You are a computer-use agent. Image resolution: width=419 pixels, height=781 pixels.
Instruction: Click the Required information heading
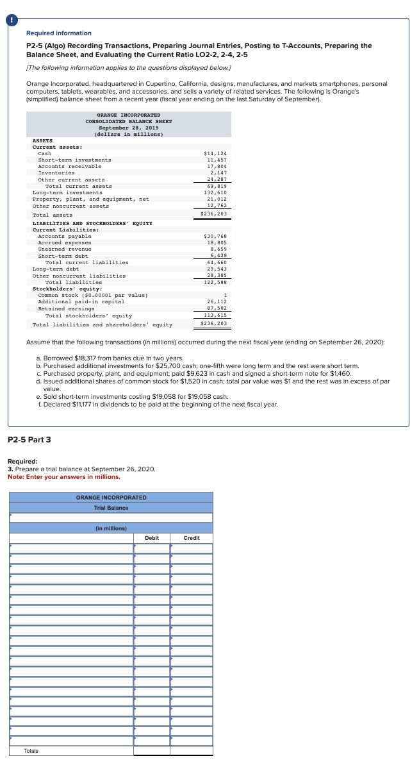(59, 33)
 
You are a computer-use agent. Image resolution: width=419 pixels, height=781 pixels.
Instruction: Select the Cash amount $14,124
(215, 153)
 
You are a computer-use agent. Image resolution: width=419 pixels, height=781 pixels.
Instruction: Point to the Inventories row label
(56, 173)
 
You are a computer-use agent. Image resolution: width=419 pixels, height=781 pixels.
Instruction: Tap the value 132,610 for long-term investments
(215, 192)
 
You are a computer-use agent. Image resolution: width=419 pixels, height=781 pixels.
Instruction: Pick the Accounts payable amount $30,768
(215, 237)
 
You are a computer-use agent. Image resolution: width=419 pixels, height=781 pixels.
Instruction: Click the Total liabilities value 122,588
(215, 282)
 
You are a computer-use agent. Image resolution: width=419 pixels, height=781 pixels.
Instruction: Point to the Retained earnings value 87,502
(216, 308)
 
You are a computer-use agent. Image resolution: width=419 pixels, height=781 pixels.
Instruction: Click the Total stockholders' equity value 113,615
(215, 315)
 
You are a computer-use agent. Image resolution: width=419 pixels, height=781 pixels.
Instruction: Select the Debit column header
(152, 538)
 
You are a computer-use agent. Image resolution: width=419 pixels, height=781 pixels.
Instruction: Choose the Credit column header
(192, 538)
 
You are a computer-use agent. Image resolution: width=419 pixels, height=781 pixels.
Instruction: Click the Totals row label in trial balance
(31, 750)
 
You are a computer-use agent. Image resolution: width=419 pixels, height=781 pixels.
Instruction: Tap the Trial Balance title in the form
(111, 508)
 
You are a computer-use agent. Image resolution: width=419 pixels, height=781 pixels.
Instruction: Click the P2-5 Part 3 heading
(29, 439)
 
